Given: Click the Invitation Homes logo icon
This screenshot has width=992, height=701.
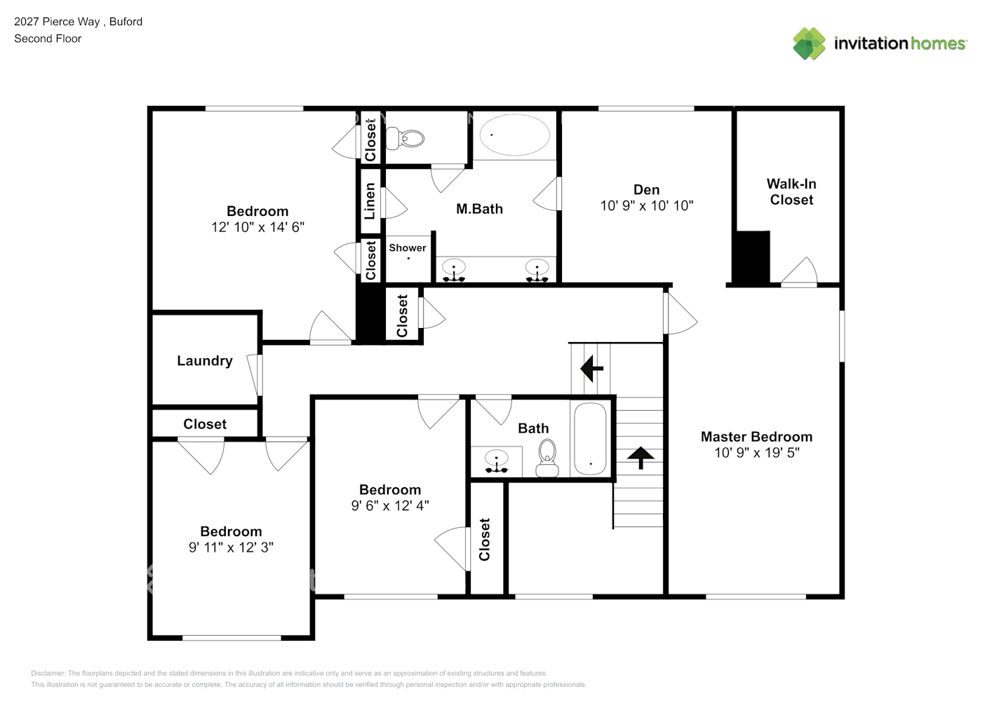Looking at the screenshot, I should [x=809, y=43].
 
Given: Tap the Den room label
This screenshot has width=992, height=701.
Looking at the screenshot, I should [x=646, y=190].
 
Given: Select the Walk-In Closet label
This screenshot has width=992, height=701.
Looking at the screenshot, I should [x=791, y=191].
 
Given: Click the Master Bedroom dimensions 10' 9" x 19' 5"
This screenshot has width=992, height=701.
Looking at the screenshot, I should [x=756, y=453].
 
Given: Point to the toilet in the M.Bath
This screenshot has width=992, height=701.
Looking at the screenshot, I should [x=407, y=138].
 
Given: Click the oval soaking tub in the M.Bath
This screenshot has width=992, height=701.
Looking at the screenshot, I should [x=514, y=135].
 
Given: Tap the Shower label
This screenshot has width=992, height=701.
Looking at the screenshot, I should [x=407, y=247].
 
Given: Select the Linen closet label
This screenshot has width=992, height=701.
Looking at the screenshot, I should [x=370, y=201].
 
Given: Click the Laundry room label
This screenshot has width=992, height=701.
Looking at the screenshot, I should [x=204, y=361].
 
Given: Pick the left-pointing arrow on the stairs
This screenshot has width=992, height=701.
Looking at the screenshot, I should [x=591, y=367].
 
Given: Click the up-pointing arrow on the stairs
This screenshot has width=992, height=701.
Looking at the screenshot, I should [x=640, y=457].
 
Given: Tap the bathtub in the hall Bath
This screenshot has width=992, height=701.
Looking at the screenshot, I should [x=590, y=440].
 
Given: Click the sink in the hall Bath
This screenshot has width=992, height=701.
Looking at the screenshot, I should [x=497, y=461].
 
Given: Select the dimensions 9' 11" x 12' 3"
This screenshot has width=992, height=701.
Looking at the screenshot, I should [x=231, y=547].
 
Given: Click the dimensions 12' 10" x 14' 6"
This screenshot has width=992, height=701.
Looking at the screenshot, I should [x=257, y=227].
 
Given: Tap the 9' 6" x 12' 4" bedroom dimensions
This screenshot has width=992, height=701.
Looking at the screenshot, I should [x=390, y=505].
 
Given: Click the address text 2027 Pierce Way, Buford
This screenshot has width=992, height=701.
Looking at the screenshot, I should [x=78, y=22].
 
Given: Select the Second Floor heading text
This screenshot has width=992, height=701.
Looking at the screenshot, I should [x=48, y=39].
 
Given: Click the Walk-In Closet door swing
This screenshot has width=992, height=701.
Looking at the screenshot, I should [x=800, y=272].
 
